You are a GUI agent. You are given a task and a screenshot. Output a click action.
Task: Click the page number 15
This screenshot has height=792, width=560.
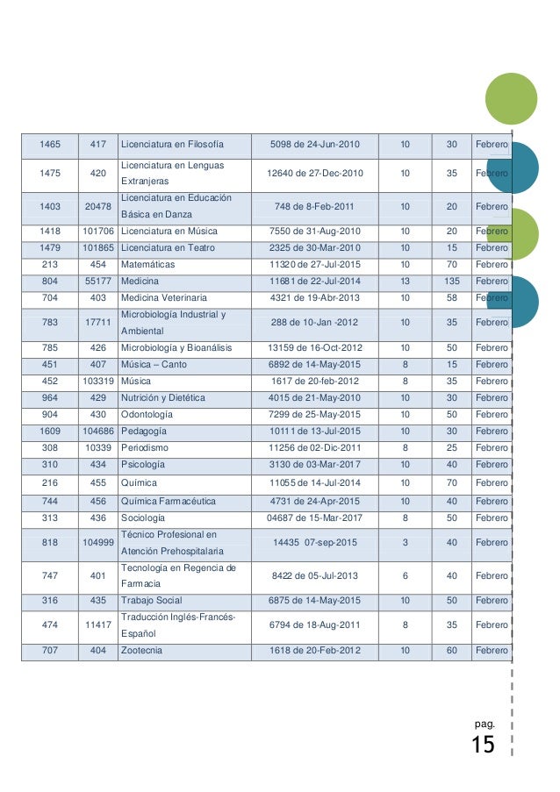pyautogui.click(x=483, y=746)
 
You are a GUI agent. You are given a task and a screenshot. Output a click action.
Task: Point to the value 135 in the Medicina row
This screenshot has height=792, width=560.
pyautogui.click(x=452, y=281)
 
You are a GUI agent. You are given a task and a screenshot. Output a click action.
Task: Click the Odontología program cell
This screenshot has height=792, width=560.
pyautogui.click(x=153, y=414)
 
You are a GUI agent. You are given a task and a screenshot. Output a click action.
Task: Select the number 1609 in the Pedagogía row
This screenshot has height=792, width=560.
pyautogui.click(x=50, y=432)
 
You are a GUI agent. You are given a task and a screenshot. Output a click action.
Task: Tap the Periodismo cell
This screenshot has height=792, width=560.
pyautogui.click(x=148, y=448)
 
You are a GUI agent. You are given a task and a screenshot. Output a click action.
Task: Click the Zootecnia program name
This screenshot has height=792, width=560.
pyautogui.click(x=142, y=651)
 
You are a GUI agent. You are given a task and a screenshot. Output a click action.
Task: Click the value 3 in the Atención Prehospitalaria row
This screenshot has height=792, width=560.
pyautogui.click(x=404, y=543)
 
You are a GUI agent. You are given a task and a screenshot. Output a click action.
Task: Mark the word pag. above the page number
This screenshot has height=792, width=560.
pyautogui.click(x=484, y=724)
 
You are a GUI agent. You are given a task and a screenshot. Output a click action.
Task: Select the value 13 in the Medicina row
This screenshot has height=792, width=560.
pyautogui.click(x=404, y=281)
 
